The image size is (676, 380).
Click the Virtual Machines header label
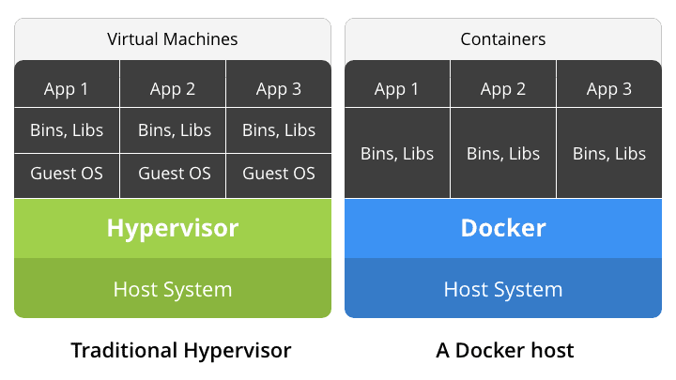(173, 39)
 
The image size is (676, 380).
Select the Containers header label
(503, 39)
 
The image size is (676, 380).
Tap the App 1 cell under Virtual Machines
(67, 89)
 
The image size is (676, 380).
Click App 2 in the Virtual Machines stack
(173, 89)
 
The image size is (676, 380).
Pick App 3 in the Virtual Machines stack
(279, 89)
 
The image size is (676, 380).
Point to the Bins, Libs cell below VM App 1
(67, 130)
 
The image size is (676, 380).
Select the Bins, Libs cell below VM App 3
(279, 130)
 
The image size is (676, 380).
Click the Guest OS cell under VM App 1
(67, 174)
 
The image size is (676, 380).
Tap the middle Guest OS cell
(174, 174)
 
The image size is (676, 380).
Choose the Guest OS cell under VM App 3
(279, 174)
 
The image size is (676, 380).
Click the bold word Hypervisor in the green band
(173, 228)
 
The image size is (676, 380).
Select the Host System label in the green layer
(173, 289)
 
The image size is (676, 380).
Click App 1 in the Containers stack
(397, 89)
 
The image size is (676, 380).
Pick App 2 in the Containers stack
(503, 89)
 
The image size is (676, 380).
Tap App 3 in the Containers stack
(609, 89)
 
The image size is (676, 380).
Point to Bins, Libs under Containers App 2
(503, 153)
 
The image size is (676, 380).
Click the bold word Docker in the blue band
(503, 228)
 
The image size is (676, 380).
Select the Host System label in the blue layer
(503, 289)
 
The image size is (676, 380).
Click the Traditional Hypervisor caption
(181, 351)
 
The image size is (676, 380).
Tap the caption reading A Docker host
(505, 351)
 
